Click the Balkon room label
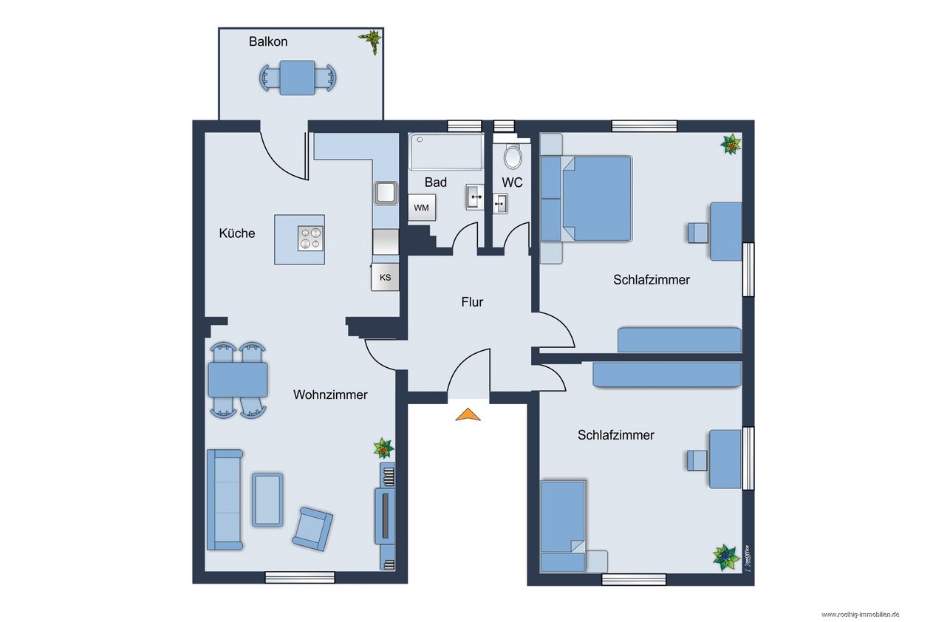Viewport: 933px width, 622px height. (268, 41)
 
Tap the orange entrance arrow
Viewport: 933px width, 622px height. (468, 414)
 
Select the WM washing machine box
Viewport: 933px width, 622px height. (422, 208)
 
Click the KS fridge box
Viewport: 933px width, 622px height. (386, 277)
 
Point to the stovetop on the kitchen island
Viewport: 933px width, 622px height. (311, 239)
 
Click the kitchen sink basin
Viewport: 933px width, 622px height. (386, 194)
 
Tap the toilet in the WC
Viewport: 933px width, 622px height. (513, 157)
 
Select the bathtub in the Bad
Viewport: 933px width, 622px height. (446, 151)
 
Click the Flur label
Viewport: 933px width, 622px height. (472, 302)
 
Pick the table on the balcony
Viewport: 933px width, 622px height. (298, 78)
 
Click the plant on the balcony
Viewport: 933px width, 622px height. (371, 41)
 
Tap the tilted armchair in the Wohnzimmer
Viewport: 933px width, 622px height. (312, 529)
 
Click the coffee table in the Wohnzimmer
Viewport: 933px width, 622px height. (267, 500)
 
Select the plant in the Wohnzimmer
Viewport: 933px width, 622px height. (383, 448)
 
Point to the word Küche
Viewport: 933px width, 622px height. (237, 233)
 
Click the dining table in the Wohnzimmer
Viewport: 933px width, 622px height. (238, 380)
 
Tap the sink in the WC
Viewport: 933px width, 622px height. (500, 204)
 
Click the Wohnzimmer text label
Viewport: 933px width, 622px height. (330, 394)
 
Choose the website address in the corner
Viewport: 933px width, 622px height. (860, 615)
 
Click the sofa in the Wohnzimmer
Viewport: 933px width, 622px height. (225, 499)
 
